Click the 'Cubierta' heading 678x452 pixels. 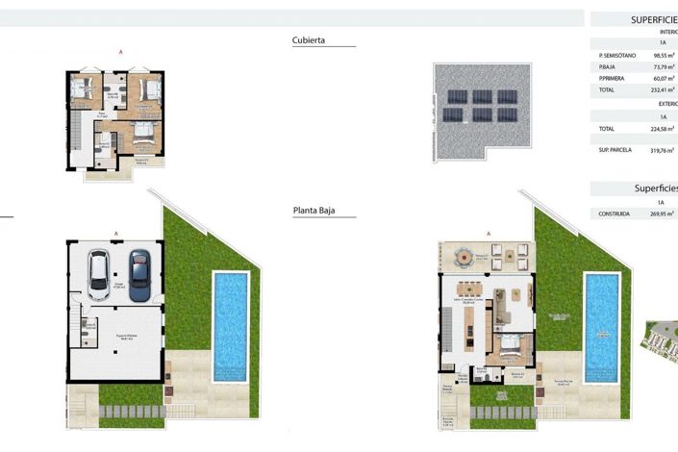click(309, 40)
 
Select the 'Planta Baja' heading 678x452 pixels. click(314, 209)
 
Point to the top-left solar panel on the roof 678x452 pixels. click(452, 97)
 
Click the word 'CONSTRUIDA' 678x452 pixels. click(615, 214)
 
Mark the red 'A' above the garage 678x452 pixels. click(116, 233)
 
